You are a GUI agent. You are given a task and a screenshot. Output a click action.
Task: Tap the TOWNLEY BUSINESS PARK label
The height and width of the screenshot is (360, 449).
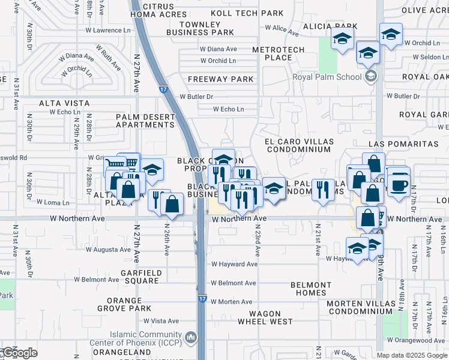(x=208, y=28)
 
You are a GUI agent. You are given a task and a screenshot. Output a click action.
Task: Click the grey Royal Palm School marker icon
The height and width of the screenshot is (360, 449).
(x=370, y=76)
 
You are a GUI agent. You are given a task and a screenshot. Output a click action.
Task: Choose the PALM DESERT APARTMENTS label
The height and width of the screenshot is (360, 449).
(x=145, y=121)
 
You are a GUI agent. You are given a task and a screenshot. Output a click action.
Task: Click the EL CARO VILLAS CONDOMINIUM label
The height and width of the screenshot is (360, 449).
(x=298, y=145)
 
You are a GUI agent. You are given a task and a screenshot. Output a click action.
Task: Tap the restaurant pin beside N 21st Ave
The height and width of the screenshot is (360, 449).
(x=323, y=190)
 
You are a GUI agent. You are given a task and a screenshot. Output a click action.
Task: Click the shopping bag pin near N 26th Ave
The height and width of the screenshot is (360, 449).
(x=172, y=203)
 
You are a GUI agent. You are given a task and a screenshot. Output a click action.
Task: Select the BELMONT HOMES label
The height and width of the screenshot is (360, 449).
(x=310, y=289)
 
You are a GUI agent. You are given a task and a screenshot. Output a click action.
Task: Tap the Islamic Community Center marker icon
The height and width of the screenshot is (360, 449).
(x=191, y=338)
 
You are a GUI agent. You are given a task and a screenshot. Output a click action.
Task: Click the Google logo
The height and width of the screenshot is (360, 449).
(x=19, y=353)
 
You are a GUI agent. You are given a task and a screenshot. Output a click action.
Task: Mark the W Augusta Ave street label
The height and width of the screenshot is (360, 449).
(x=108, y=250)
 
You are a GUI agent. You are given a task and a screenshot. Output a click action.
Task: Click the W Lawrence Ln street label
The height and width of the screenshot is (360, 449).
(x=107, y=30)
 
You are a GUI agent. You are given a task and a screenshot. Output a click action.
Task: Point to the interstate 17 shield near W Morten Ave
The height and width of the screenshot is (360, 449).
(x=203, y=298)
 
